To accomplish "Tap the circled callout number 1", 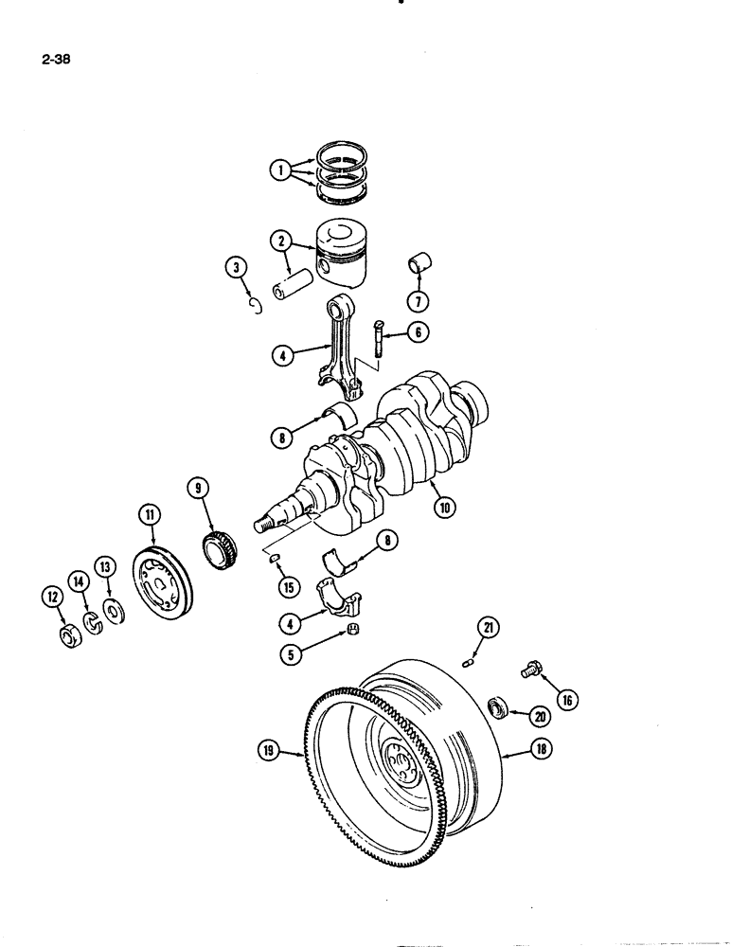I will point(278,171).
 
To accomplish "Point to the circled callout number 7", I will point(419,301).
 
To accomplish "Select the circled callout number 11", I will point(150,514).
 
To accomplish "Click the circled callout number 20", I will point(540,715).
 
